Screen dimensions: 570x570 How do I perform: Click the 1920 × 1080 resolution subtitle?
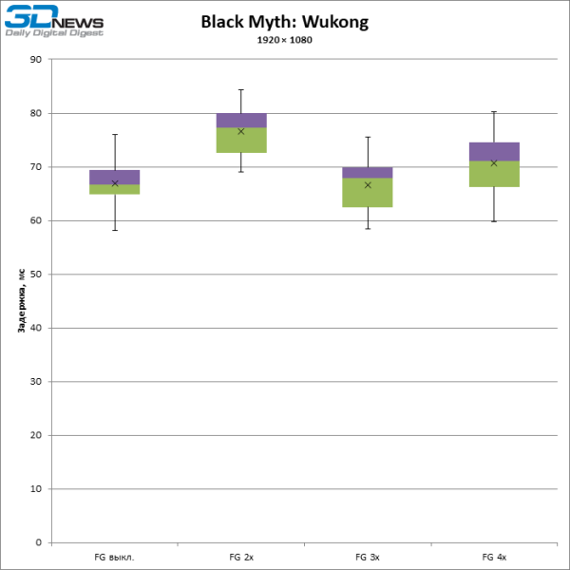tap(285, 40)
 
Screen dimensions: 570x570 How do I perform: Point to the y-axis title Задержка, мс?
tap(21, 300)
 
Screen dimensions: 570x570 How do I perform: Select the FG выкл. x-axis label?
tap(115, 557)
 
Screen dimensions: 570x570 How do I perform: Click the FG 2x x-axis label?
tap(241, 557)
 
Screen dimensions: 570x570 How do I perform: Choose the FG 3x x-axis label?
tap(368, 557)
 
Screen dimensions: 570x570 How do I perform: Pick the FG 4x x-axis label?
tap(494, 557)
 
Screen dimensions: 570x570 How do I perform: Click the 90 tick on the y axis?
tap(36, 60)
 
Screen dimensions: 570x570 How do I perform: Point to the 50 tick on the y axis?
tap(36, 275)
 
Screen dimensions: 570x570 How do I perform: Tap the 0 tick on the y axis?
tap(39, 542)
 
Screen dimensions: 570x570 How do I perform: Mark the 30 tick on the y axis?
tap(36, 382)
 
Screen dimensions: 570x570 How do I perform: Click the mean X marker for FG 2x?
tap(241, 131)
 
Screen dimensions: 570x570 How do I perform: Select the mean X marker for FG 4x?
tap(494, 163)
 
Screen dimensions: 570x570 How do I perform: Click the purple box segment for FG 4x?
tap(494, 151)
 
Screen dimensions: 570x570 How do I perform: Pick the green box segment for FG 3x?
tap(368, 193)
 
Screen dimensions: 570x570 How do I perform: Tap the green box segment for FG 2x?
tap(241, 141)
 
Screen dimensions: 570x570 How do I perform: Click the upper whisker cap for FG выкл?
tap(115, 135)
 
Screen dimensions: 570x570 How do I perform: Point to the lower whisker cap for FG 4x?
tap(494, 221)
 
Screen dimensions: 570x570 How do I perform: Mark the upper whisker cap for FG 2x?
tap(241, 90)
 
